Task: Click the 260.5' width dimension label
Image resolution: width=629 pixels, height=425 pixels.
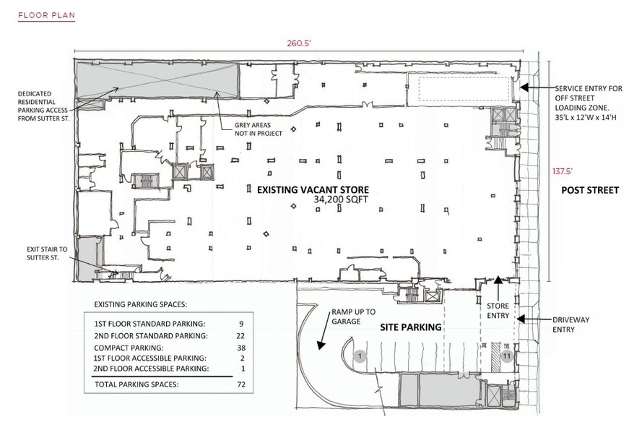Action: (x=299, y=43)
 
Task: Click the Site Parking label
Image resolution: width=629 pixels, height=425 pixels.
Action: (x=411, y=327)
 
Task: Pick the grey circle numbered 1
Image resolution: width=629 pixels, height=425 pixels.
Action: (x=360, y=356)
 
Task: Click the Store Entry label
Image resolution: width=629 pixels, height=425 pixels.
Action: (x=498, y=311)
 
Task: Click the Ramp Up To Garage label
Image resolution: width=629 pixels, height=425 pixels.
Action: (x=354, y=317)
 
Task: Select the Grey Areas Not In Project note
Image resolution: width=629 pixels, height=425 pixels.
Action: (x=256, y=129)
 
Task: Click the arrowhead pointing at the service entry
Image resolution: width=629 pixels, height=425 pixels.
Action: (x=525, y=87)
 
